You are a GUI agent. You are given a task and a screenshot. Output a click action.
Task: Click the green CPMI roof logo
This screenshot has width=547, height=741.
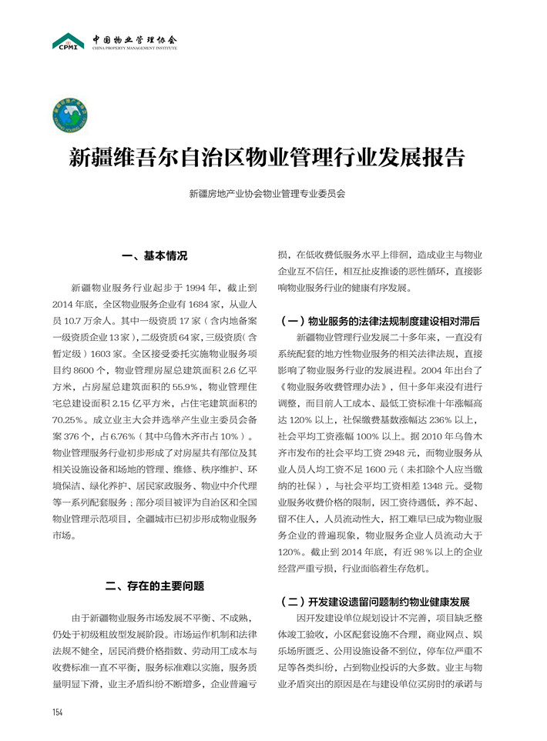pyautogui.click(x=68, y=41)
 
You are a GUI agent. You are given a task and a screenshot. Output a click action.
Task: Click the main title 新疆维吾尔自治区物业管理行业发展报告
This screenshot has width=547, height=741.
pyautogui.click(x=267, y=159)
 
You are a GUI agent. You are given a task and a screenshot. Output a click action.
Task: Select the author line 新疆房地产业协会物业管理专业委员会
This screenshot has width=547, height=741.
pyautogui.click(x=267, y=195)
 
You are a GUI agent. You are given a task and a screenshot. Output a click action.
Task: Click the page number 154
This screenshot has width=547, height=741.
pyautogui.click(x=58, y=712)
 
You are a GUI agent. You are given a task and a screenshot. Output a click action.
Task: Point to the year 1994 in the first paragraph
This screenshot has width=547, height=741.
pyautogui.click(x=197, y=288)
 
